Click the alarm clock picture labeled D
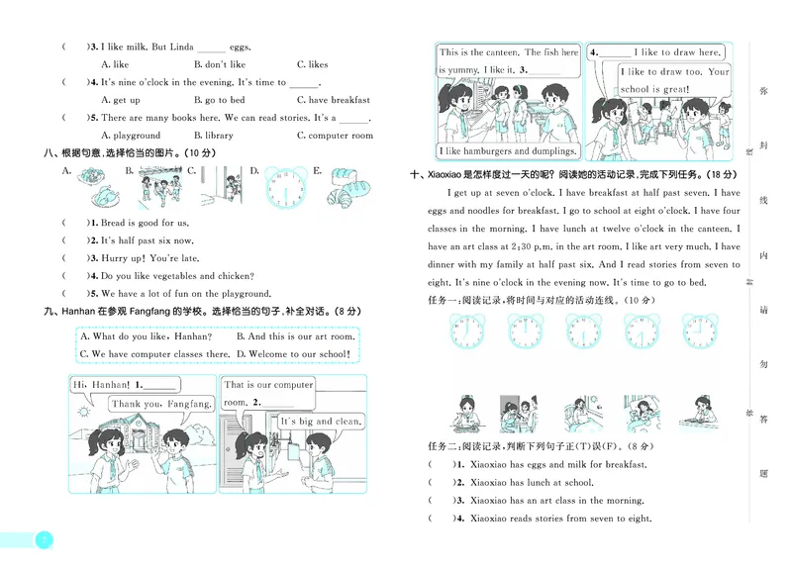[285, 185]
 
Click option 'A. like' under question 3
[115, 64]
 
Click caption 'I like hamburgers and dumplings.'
[509, 151]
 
